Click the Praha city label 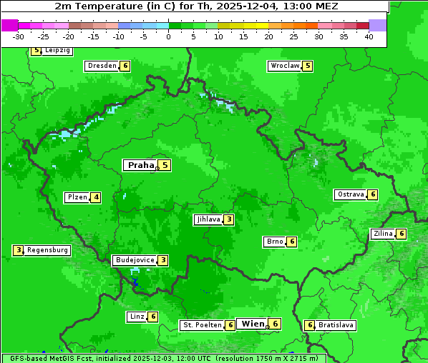tap(140, 165)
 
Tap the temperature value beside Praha tap(165, 165)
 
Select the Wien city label tap(253, 324)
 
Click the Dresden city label tap(102, 66)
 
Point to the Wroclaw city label tap(285, 66)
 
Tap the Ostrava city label tap(351, 194)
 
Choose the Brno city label tap(274, 242)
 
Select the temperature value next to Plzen tap(96, 197)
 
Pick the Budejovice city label tap(135, 260)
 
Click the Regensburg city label tap(48, 250)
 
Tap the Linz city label tap(137, 317)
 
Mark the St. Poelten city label tap(201, 325)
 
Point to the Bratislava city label tap(336, 325)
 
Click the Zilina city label tap(383, 234)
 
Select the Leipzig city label tap(57, 51)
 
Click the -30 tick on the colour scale tap(19, 36)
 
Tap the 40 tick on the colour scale tap(369, 36)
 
